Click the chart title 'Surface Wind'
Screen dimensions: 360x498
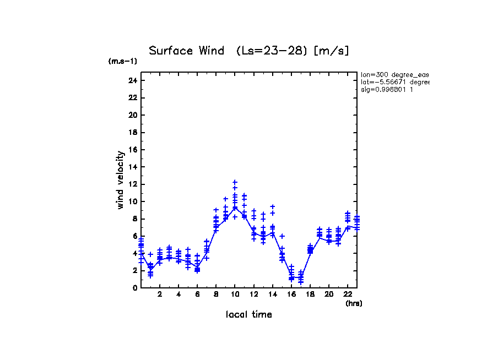click(186, 51)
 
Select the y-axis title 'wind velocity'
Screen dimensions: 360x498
click(120, 180)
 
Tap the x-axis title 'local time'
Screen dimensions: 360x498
click(248, 314)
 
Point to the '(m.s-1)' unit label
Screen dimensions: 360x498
click(122, 61)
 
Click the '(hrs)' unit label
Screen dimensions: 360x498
click(354, 303)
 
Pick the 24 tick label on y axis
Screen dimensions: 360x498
click(132, 80)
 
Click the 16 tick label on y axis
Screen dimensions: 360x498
click(132, 150)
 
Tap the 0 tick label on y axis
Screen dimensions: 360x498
click(134, 288)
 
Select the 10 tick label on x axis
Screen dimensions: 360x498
click(235, 294)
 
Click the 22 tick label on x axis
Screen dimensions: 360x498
click(348, 294)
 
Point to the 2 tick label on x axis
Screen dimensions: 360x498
click(160, 294)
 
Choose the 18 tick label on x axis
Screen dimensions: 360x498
click(310, 294)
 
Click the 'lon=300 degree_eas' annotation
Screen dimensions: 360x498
click(394, 74)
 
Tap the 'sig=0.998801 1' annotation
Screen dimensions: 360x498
click(388, 89)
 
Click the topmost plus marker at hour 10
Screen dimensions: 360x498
click(235, 182)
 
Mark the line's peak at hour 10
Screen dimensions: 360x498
click(235, 208)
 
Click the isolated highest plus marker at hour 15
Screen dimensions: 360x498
click(282, 236)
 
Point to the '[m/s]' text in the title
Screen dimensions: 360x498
click(331, 51)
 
